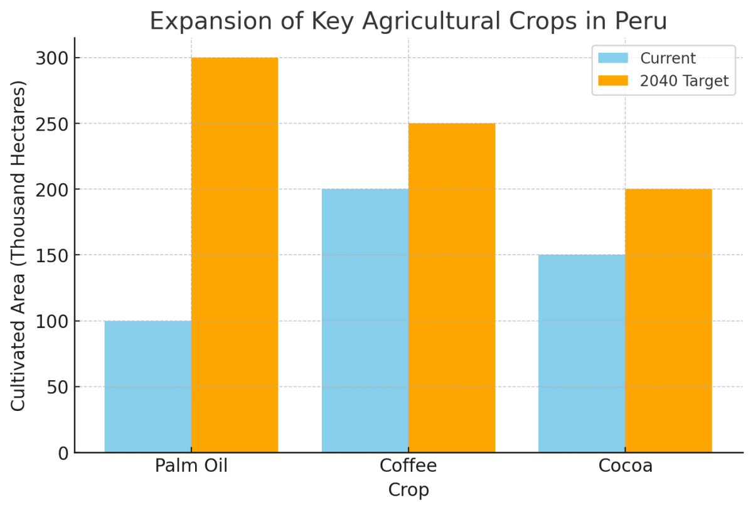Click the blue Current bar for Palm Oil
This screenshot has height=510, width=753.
point(147,386)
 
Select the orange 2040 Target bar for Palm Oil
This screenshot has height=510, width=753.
point(234,255)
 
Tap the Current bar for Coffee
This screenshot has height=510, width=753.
point(365,321)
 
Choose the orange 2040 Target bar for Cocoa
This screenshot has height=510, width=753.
point(668,321)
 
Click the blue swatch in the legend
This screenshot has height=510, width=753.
point(613,58)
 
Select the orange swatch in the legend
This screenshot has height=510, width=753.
point(613,81)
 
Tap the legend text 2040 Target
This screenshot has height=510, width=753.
point(684,81)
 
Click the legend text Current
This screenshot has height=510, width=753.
point(668,58)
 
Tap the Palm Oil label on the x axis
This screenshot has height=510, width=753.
point(191,467)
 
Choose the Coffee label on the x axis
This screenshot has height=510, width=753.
point(408,467)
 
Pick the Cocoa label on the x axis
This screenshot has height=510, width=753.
point(625,467)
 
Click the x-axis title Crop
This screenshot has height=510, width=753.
point(408,490)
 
